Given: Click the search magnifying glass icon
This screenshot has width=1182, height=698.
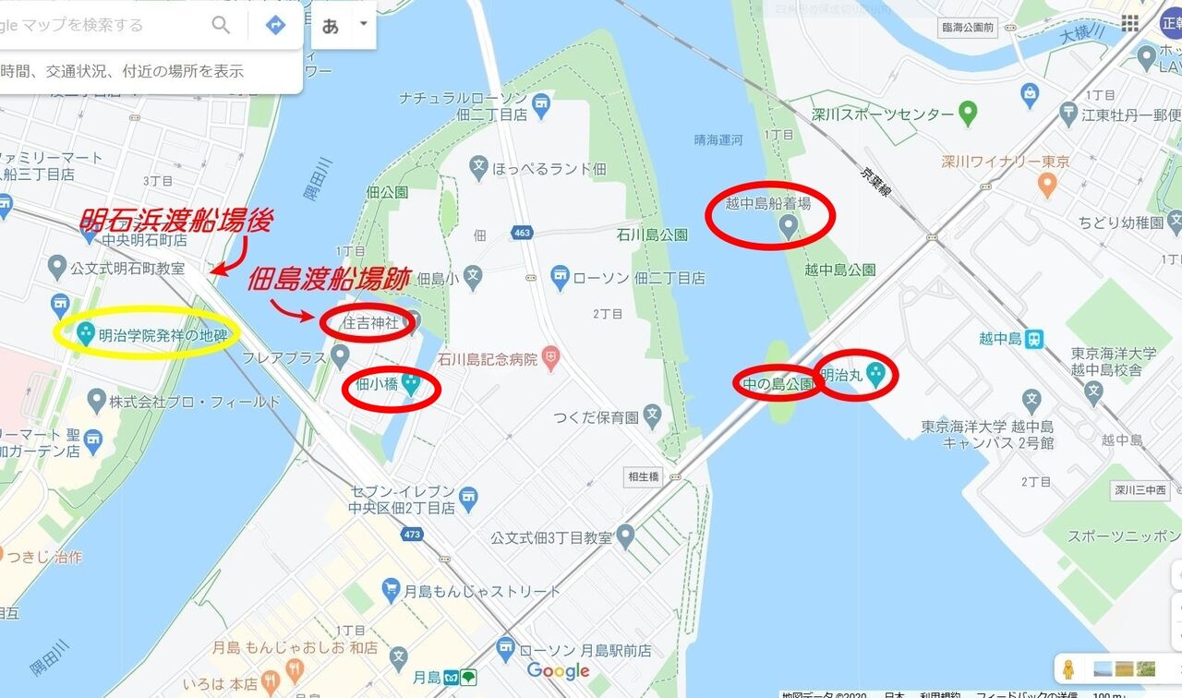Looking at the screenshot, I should tap(221, 25).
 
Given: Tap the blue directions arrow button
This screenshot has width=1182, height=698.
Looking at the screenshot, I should tap(275, 25).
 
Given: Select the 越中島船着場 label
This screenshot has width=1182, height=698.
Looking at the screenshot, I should tap(768, 204).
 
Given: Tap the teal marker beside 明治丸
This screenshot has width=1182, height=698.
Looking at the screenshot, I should tap(875, 373).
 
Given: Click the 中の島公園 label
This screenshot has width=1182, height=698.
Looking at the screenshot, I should tap(777, 383).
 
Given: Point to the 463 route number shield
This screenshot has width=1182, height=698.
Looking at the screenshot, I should tap(523, 233).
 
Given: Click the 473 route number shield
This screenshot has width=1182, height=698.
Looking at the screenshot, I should tap(412, 535).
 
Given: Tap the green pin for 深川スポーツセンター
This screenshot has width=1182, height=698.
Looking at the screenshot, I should tap(968, 114).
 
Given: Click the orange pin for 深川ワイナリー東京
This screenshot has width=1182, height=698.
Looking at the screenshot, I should tap(1046, 184).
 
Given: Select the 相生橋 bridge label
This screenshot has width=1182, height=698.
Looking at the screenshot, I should tap(643, 476).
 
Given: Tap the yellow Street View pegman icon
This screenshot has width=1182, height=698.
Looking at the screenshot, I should tap(1069, 668).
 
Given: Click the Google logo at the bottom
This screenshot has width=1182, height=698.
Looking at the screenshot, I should tap(558, 671).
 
